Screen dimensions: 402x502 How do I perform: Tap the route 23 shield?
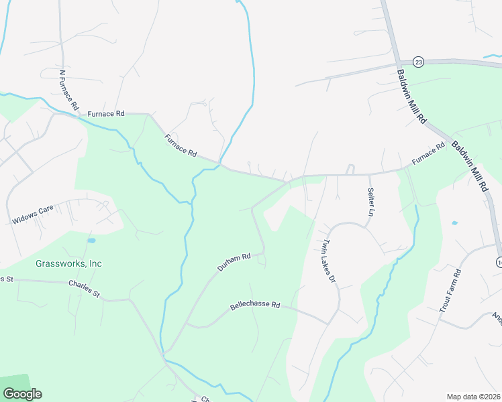coord(419,62)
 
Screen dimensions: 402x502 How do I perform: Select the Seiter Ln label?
coord(370,202)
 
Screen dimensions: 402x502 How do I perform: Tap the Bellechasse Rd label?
coord(255,305)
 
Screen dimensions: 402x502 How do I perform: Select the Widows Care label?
coord(32,215)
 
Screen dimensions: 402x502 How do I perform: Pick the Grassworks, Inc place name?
coord(68,263)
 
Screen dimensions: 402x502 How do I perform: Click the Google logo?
coord(22,394)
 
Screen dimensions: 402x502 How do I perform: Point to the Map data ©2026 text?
coord(473,397)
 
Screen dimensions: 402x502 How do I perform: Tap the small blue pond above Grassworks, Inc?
coord(91,240)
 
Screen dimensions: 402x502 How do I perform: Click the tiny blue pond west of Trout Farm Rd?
coord(455,222)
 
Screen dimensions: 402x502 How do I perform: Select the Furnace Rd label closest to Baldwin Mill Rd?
coord(428,154)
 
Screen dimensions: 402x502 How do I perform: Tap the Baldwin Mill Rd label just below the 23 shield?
coord(411,96)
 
